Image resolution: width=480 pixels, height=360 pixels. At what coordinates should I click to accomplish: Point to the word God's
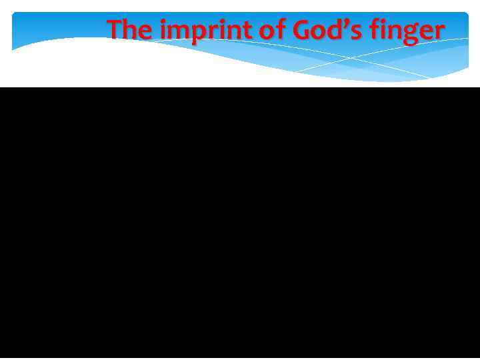tap(313, 30)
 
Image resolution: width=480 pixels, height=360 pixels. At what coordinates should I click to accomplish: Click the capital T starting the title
tap(115, 30)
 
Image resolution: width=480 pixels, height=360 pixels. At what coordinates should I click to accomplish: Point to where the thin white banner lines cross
tap(351, 59)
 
